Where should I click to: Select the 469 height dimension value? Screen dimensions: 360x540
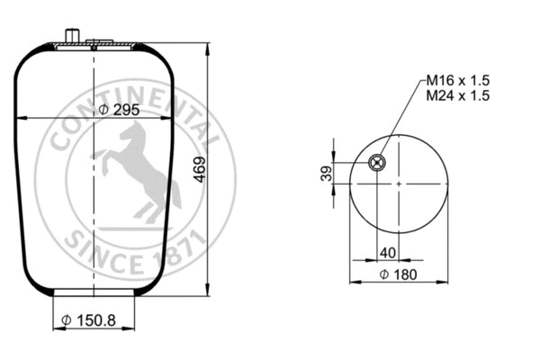(200, 169)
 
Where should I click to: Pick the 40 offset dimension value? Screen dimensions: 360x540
(387, 251)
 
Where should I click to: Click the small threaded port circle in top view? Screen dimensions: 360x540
(378, 163)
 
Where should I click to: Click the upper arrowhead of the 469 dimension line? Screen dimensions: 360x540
(209, 45)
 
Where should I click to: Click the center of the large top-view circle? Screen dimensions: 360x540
(397, 183)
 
